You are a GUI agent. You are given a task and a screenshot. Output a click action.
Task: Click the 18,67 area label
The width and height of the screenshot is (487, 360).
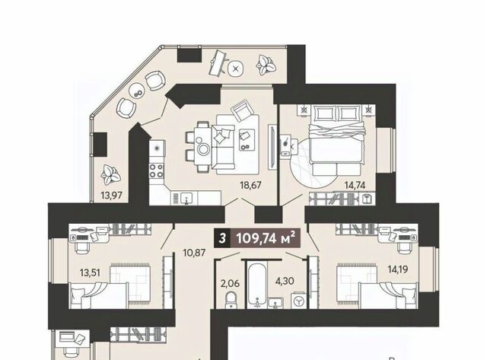coord(250,186)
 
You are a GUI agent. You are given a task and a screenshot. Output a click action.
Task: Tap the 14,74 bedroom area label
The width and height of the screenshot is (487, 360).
coord(355,186)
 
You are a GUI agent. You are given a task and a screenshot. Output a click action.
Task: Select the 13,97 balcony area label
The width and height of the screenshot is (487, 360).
coord(112,196)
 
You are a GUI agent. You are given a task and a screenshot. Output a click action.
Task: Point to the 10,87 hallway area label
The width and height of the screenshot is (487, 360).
coord(194,253)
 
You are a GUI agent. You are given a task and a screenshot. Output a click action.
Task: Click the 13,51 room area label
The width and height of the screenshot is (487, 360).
coord(90,272)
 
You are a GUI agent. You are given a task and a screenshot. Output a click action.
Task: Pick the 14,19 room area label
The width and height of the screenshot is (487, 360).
coord(398,269)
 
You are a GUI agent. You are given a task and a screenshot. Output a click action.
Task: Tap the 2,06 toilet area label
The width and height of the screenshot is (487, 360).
coord(230,284)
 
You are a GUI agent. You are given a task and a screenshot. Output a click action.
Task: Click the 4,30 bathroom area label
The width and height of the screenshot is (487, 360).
coord(285,281)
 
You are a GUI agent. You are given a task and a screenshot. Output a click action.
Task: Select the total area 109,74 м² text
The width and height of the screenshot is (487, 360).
coord(265,239)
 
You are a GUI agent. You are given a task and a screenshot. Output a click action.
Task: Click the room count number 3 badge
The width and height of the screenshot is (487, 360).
coord(222,239)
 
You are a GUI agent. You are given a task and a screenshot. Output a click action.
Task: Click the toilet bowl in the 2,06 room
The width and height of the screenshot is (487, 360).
coord(231,300)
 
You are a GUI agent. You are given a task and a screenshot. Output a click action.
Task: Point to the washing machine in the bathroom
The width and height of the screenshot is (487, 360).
coord(299,301)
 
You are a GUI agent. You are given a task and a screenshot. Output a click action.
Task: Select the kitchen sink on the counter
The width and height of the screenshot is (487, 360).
coord(186,198)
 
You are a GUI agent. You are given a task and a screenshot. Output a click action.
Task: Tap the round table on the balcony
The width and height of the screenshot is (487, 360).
coord(137,90)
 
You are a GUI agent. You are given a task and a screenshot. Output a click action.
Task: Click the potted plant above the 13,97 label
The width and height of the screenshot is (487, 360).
coord(110,175)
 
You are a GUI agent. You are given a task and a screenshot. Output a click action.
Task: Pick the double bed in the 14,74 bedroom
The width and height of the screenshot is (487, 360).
coord(338,140)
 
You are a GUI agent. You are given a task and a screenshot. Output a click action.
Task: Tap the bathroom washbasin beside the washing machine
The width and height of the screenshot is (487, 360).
coord(275,302)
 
